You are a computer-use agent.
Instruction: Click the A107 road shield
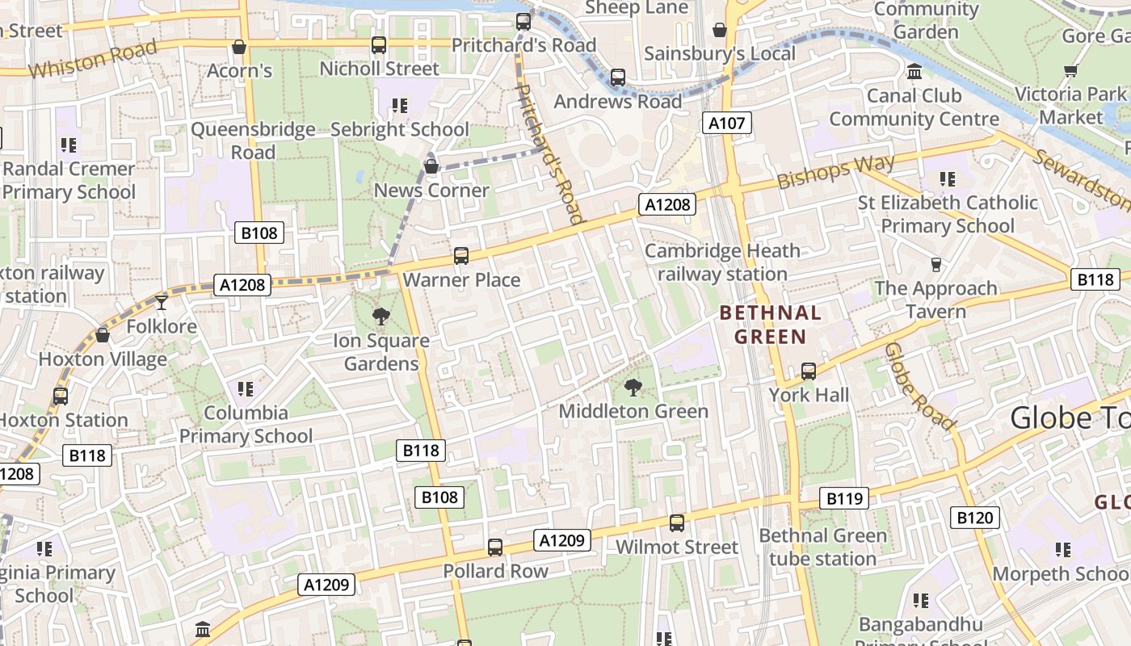coord(727,123)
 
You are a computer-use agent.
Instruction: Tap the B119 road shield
coord(844,498)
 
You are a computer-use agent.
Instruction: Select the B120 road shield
coord(974,518)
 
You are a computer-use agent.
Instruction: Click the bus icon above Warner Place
coord(461,256)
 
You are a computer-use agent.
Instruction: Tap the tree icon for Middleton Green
coord(633,388)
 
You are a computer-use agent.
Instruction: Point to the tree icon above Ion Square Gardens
coord(381,317)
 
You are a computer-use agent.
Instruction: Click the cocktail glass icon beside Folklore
coord(162,302)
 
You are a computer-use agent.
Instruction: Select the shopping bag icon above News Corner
coord(431,167)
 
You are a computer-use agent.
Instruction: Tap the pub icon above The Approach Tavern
coord(936,265)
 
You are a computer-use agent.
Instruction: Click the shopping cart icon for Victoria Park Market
coord(1071,71)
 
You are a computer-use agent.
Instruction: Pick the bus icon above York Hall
coord(809,371)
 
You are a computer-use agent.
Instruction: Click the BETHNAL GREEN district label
coord(770,325)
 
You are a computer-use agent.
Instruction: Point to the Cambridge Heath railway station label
coord(722,262)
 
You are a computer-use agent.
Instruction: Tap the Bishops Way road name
coord(836,171)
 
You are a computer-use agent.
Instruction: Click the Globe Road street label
coord(920,386)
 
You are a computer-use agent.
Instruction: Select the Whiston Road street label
coord(92,60)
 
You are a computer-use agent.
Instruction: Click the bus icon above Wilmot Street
coord(677,523)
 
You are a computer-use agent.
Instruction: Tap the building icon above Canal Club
coord(914,72)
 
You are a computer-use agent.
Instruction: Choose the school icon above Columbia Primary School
coord(246,389)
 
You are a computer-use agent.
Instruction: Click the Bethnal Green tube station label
coord(822,547)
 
